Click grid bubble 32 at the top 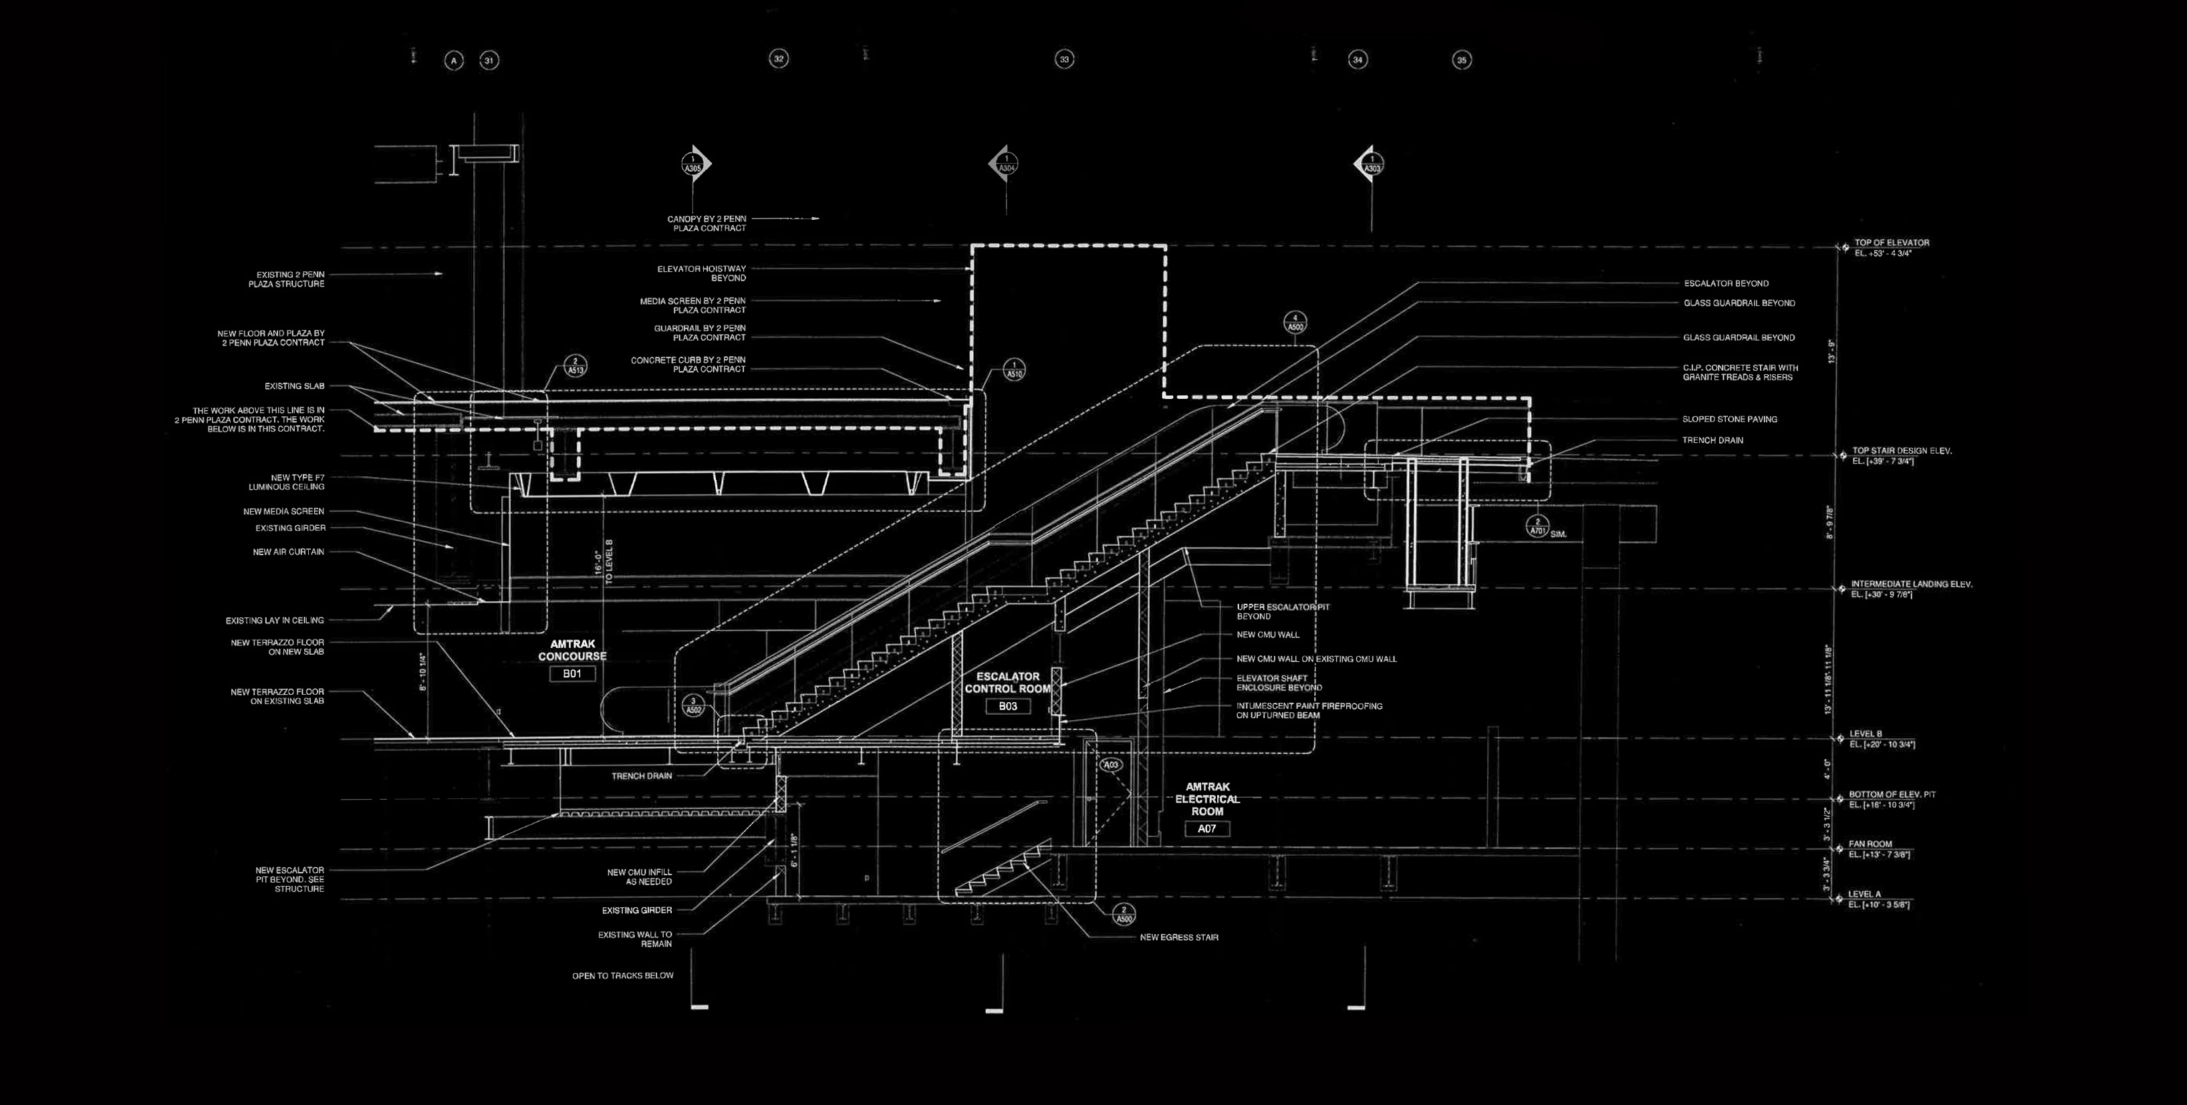click(779, 59)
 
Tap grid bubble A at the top click(455, 60)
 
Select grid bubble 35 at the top click(1461, 60)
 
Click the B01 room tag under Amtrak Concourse click(572, 674)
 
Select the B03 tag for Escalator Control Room click(1008, 706)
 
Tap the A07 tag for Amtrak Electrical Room click(1206, 829)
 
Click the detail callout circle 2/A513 click(575, 366)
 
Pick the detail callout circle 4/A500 click(1295, 323)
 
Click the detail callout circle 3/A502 click(694, 706)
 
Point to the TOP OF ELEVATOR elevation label click(1891, 243)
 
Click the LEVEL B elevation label click(1866, 734)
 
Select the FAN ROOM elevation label click(1870, 844)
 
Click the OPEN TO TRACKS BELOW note click(622, 976)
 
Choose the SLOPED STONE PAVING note click(1728, 420)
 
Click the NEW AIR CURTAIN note click(288, 552)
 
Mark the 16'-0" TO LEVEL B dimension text click(603, 560)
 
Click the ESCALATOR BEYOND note click(1726, 283)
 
